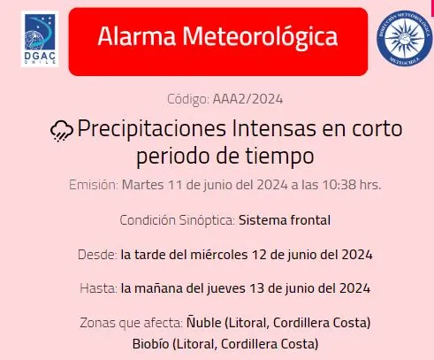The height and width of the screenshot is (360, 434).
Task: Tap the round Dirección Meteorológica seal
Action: click(x=402, y=40)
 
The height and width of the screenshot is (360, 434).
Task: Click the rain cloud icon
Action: click(x=61, y=131)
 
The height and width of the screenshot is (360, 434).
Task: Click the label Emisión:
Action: click(x=93, y=185)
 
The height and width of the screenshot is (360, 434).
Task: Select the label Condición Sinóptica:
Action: click(x=177, y=219)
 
